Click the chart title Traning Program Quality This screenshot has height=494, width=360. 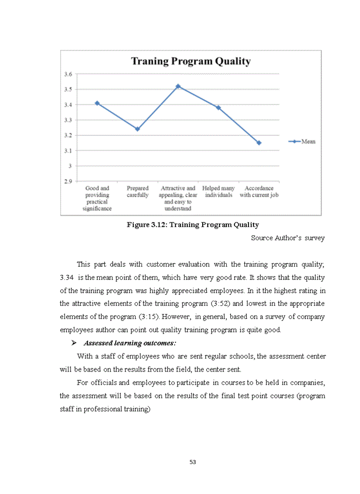coord(191,62)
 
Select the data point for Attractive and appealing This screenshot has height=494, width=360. coord(178,86)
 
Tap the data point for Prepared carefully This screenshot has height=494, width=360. coord(137,129)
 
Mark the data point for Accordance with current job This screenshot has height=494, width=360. coord(259,143)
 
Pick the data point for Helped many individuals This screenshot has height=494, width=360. coord(218,108)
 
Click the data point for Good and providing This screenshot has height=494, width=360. coord(97,103)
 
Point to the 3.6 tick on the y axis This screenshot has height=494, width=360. coord(68,74)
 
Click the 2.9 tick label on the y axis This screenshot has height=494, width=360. coord(68,181)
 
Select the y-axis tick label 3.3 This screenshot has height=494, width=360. coord(68,120)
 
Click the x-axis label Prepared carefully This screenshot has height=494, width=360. coord(137,192)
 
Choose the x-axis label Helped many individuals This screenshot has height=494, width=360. coord(218,192)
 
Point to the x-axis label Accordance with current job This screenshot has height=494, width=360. coord(259,192)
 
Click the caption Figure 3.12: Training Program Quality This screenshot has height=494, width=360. coord(193,225)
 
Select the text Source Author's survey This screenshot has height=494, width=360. coord(287,238)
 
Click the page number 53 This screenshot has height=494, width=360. coord(193,462)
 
